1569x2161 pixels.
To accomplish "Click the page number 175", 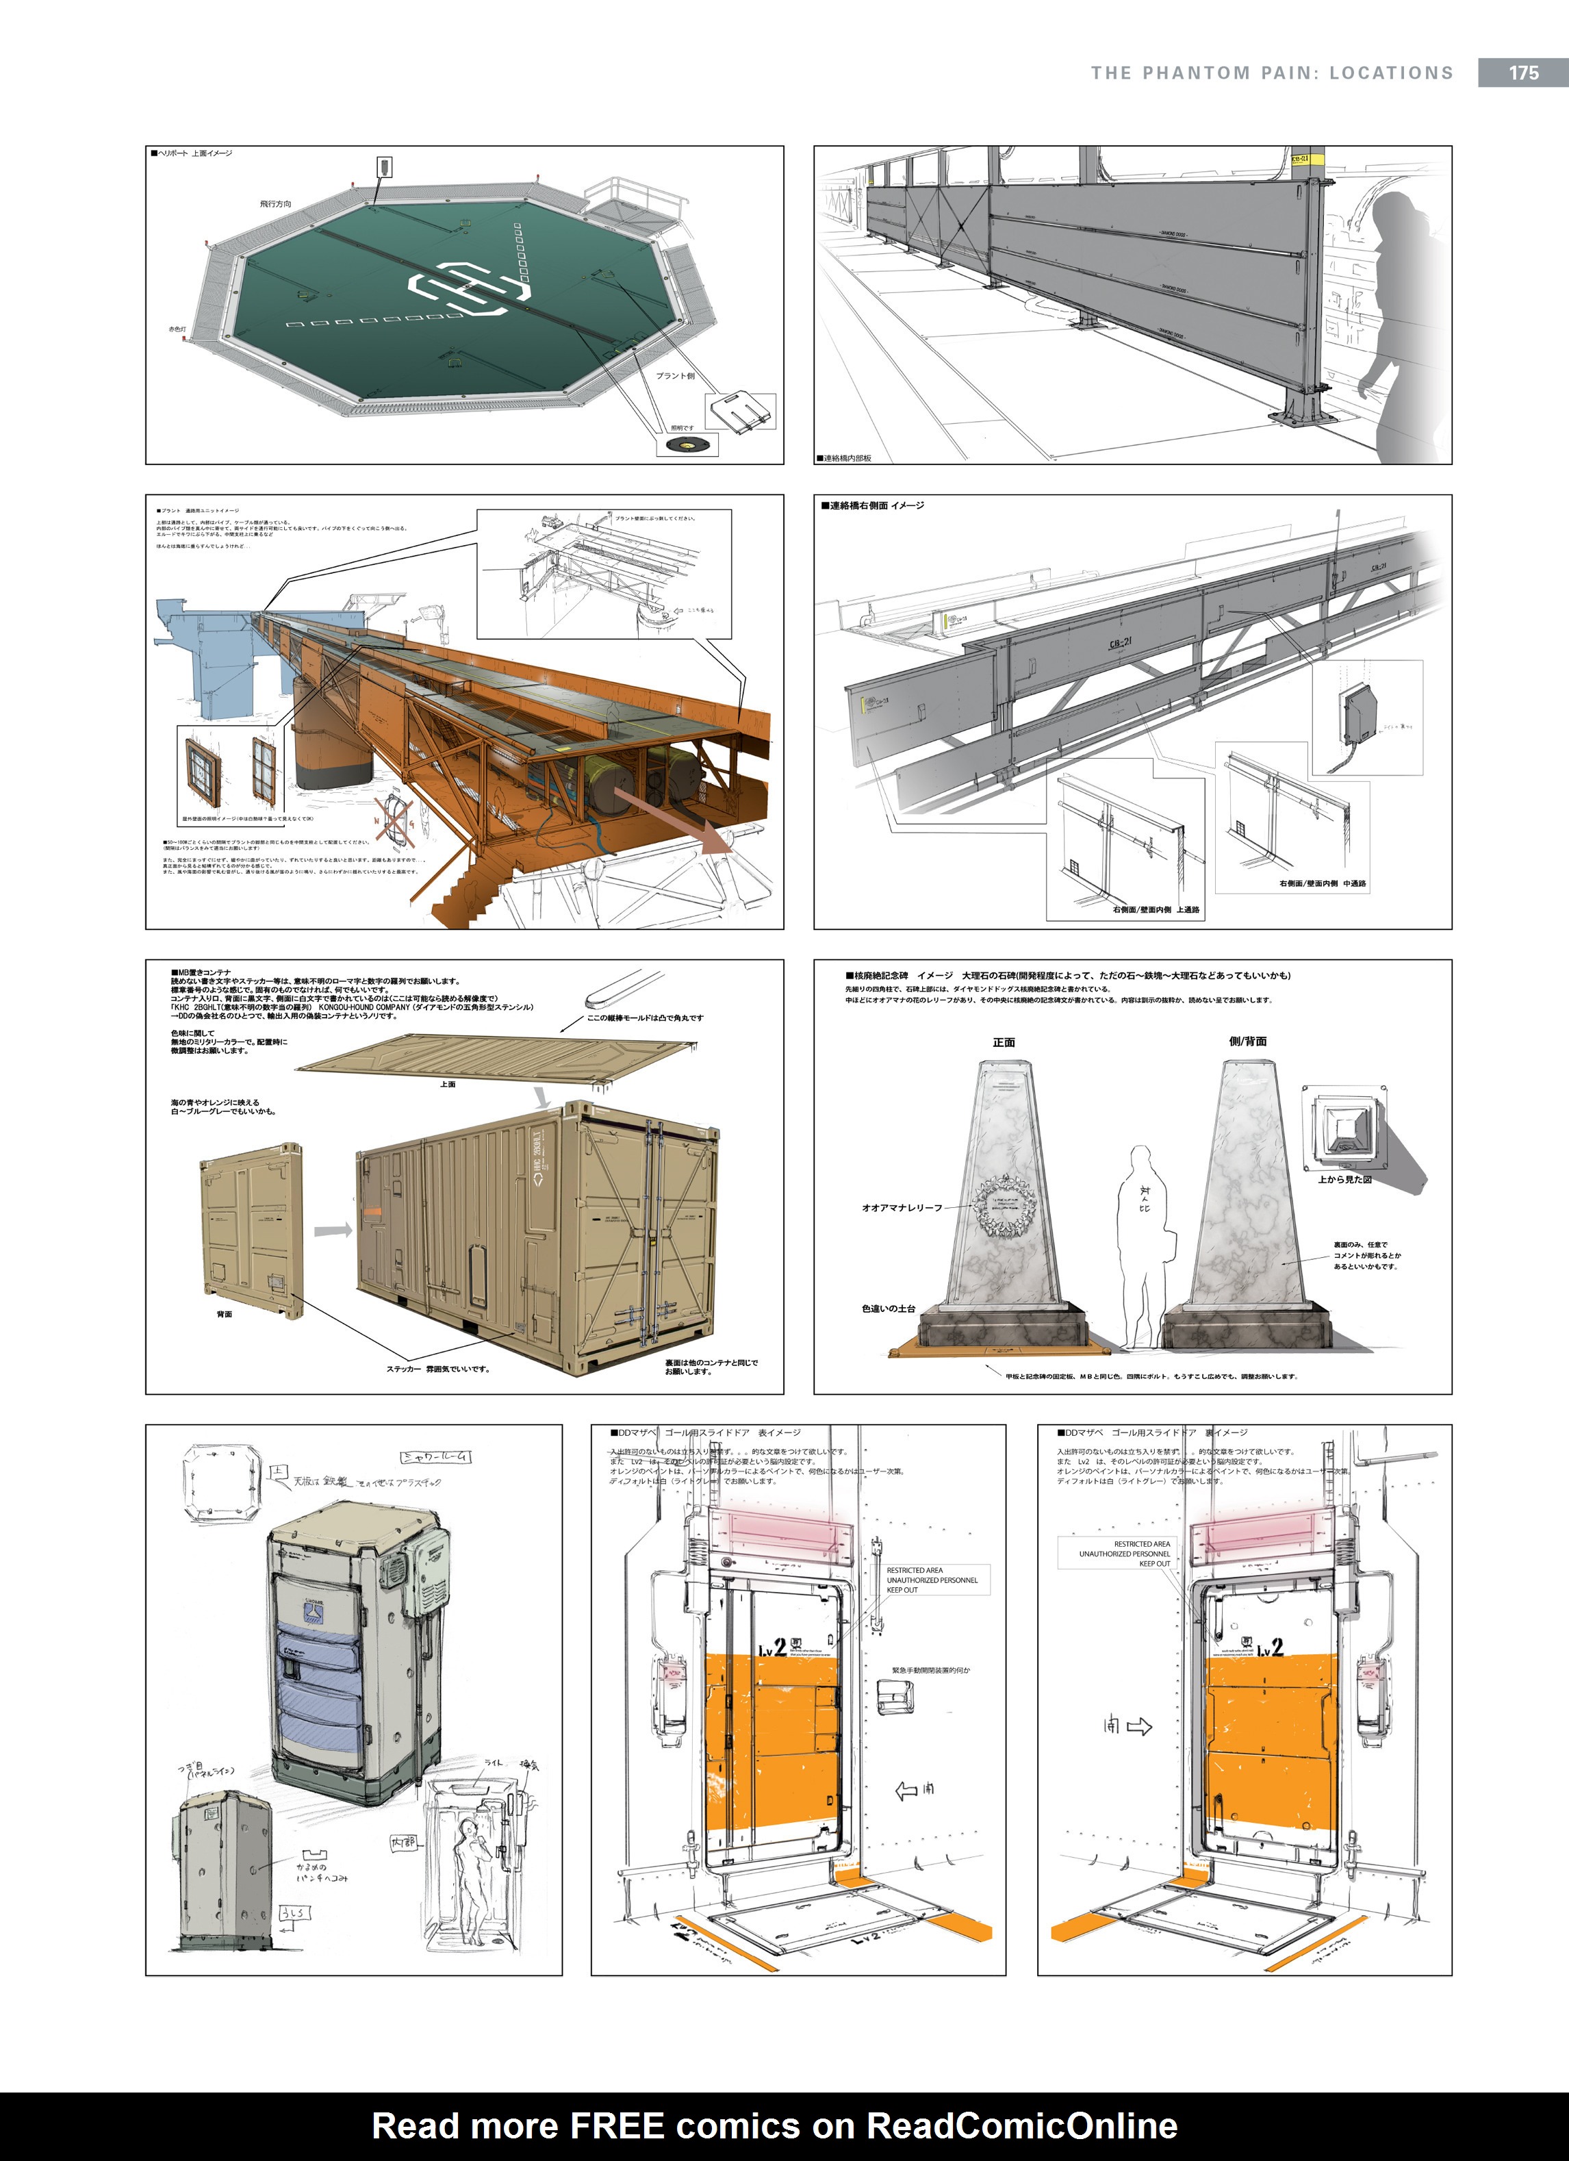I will (1522, 73).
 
